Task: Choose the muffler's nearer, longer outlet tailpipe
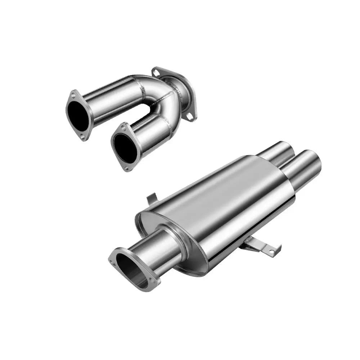coord(304,167)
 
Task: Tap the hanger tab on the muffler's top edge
coord(152,198)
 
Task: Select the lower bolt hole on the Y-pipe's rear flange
coord(188,116)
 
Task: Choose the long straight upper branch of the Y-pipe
coord(115,95)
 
